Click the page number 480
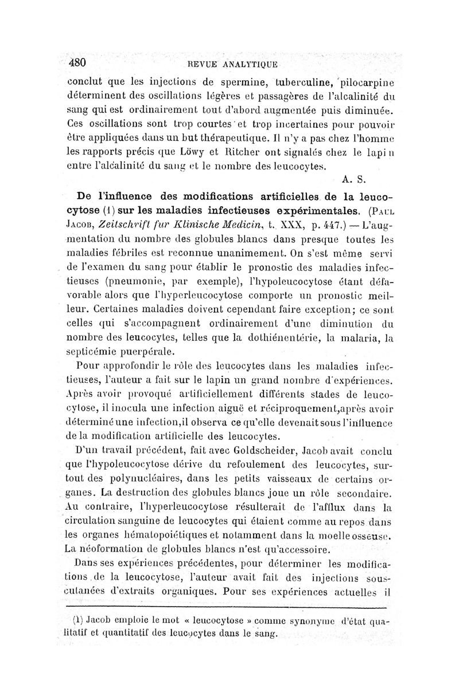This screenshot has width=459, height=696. [x=77, y=62]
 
